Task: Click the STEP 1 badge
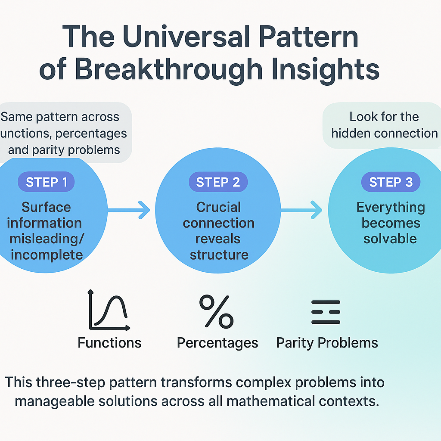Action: click(x=46, y=182)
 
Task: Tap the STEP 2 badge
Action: click(x=218, y=182)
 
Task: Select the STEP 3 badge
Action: click(x=391, y=182)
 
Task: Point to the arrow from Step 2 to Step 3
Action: click(x=301, y=210)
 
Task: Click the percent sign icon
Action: click(x=216, y=311)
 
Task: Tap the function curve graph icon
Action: click(x=109, y=311)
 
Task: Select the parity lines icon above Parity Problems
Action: click(x=326, y=312)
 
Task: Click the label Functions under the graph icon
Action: click(x=109, y=343)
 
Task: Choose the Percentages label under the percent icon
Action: click(x=217, y=343)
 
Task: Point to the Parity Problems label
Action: click(x=327, y=343)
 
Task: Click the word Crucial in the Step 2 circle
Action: click(x=218, y=207)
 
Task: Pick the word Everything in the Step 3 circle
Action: click(x=391, y=207)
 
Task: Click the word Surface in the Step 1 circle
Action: click(x=46, y=207)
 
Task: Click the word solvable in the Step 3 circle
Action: click(x=390, y=239)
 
